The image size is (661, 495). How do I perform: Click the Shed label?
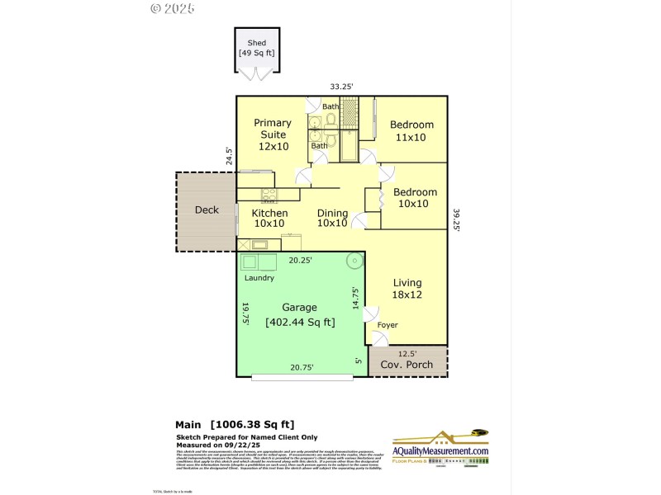coord(257,47)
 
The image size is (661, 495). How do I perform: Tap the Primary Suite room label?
coord(273,134)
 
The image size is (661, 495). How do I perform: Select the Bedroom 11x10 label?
coord(411,131)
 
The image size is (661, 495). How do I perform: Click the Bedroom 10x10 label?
coord(415,198)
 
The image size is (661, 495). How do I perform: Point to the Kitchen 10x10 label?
coord(269,218)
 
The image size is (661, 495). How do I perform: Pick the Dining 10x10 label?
coord(332,218)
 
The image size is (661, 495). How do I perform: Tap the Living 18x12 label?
coord(407,288)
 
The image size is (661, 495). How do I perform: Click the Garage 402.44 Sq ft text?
coord(299,314)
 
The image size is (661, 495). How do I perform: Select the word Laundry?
coord(259,278)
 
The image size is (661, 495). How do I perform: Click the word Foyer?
coord(388,325)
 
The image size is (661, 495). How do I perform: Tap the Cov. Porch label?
coord(407,364)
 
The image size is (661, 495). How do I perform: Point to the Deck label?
coord(207,210)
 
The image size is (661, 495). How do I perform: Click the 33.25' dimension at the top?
coord(342,86)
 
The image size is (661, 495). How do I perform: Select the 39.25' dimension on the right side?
coord(455,221)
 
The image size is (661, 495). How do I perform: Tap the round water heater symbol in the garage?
coord(354,262)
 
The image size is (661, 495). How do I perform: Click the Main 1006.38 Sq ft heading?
coord(235,424)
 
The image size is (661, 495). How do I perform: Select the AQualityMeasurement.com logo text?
coord(440,450)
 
